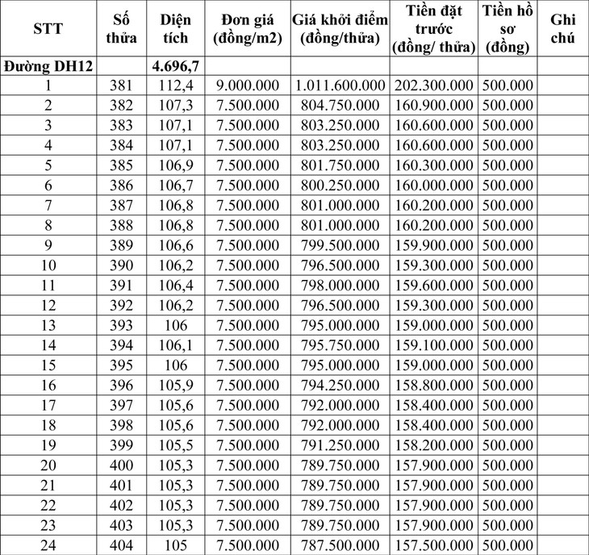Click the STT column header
(x=48, y=29)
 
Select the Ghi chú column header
(x=562, y=29)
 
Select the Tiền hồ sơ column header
(x=505, y=29)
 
